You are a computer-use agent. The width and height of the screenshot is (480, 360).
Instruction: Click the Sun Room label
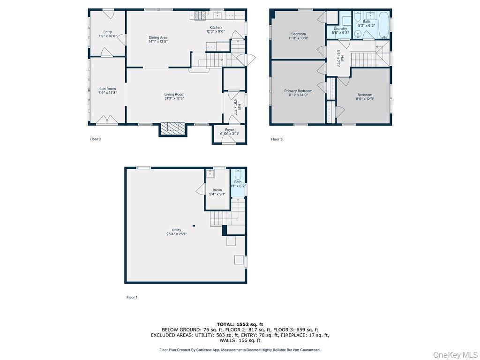tap(107, 89)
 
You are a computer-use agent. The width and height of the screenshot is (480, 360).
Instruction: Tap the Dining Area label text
tap(158, 37)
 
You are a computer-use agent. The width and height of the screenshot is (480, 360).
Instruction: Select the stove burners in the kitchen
tap(201, 15)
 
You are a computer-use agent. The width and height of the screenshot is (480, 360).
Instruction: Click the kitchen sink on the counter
tap(217, 15)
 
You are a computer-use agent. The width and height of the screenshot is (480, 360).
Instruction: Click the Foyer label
tap(230, 130)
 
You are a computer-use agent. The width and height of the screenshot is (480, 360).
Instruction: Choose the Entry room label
tap(107, 32)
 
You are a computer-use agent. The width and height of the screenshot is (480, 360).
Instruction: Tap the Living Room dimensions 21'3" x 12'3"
tap(174, 98)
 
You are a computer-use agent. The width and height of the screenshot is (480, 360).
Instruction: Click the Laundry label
tap(340, 29)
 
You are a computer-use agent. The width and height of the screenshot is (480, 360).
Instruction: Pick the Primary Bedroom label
tap(298, 90)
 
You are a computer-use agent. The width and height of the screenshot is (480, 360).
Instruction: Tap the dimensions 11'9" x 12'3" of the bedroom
tap(364, 99)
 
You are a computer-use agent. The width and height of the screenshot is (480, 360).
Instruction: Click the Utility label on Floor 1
tap(176, 230)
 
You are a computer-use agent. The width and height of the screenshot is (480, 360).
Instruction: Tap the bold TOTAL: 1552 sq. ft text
tap(240, 324)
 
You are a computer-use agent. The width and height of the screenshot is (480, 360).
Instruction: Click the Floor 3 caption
tap(277, 139)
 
